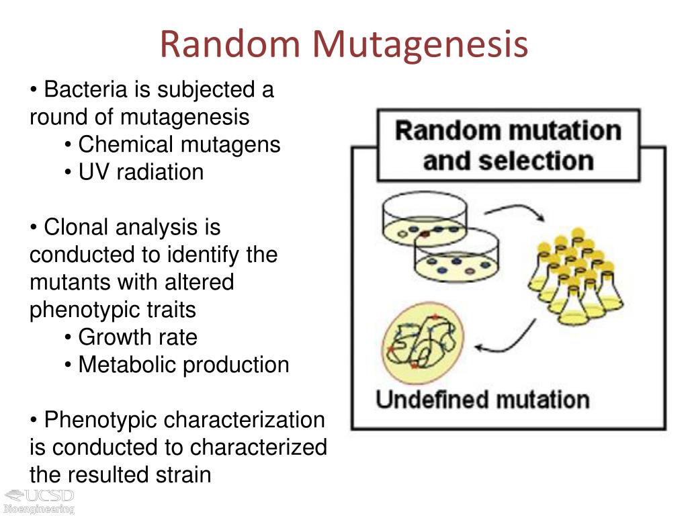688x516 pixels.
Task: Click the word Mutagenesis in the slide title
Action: point(419,45)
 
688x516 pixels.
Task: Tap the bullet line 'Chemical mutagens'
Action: point(179,144)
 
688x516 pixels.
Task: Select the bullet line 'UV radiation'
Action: point(140,172)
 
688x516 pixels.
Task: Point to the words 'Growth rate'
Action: point(138,337)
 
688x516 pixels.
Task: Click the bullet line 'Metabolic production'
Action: point(183,365)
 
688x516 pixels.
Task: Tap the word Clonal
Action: point(77,227)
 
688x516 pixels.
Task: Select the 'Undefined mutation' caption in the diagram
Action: point(482,400)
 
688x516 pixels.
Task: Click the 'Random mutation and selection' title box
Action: point(508,146)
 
